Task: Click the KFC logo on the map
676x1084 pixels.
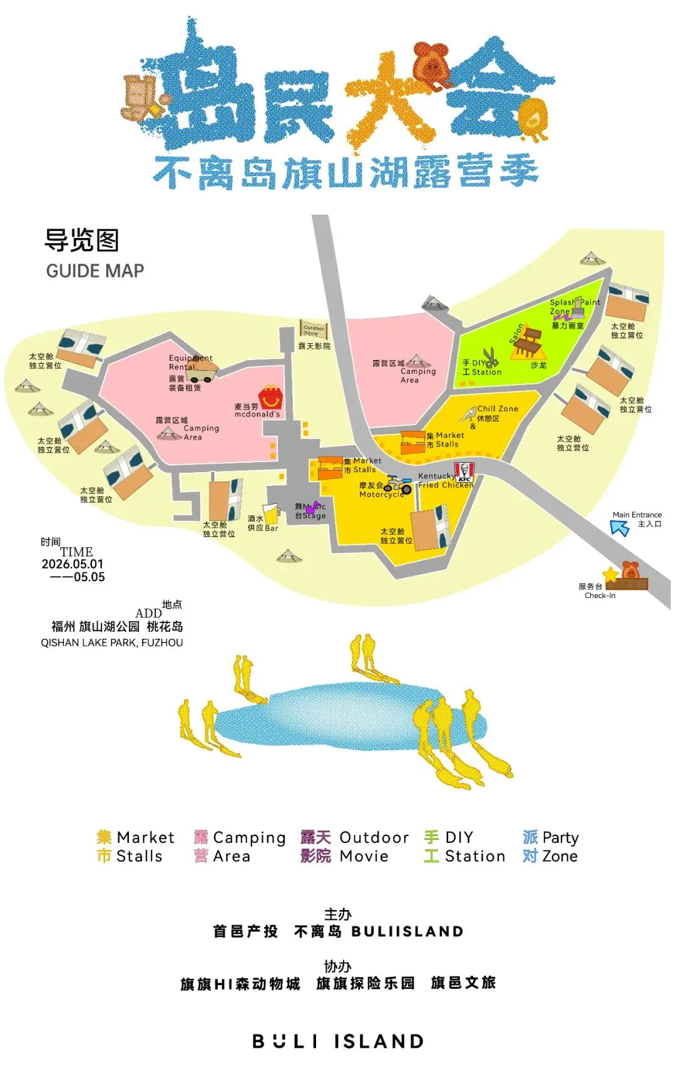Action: click(x=464, y=472)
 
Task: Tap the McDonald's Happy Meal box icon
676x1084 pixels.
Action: click(x=270, y=396)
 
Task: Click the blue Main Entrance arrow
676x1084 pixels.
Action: click(x=620, y=528)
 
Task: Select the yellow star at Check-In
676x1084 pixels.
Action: click(x=610, y=574)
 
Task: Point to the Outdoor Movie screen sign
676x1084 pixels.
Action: click(x=314, y=329)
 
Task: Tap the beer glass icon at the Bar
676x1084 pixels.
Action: click(x=270, y=513)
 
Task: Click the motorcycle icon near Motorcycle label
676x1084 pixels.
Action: click(x=398, y=484)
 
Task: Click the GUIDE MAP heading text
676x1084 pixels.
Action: click(x=95, y=271)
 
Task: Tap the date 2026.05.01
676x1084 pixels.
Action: click(x=73, y=564)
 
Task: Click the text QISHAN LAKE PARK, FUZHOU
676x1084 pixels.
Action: click(x=112, y=643)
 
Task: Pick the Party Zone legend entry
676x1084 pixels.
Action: click(x=550, y=847)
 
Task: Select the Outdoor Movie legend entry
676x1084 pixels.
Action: click(x=354, y=847)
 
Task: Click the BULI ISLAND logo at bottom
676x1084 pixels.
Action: click(x=338, y=1041)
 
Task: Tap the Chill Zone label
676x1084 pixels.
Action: click(x=498, y=409)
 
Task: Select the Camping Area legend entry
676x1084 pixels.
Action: click(x=239, y=847)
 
